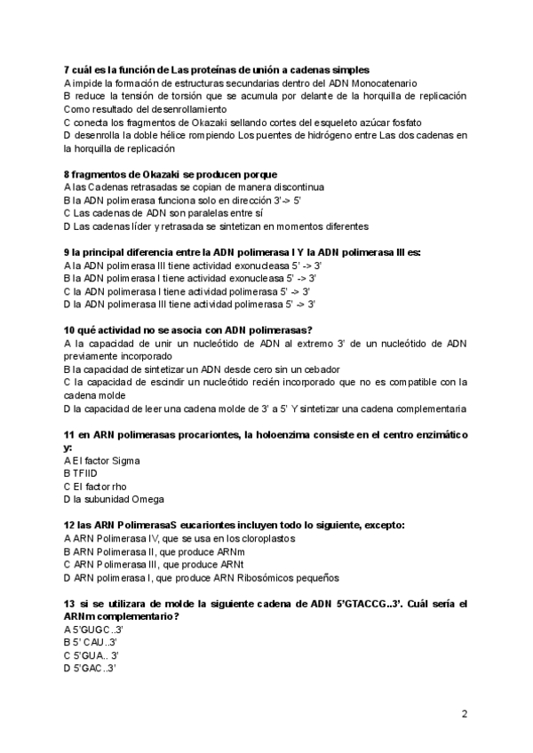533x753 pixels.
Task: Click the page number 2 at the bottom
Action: pos(465,713)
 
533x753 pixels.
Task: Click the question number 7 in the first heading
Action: pos(68,70)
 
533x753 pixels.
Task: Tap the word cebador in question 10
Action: pos(316,369)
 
